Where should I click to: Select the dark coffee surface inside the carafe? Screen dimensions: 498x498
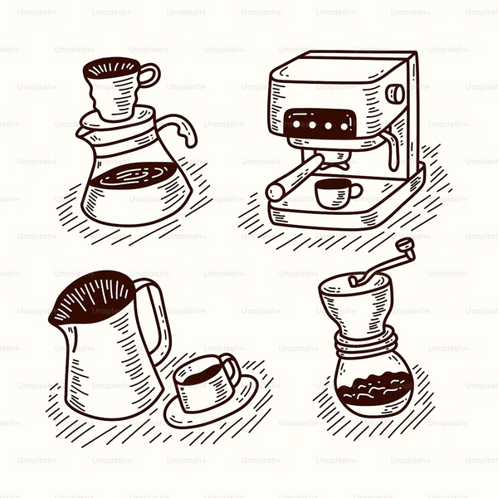133,176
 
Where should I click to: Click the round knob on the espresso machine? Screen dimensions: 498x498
395,94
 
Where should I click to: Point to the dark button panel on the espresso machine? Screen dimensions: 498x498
320,124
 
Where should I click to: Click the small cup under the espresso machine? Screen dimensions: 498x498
337,193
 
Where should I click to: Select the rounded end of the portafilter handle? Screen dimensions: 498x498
275,193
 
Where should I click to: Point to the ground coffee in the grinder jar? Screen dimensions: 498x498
375,389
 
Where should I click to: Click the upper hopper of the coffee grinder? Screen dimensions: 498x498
357,305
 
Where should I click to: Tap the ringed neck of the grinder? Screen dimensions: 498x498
366,344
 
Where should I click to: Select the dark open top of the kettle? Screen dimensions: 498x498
93,297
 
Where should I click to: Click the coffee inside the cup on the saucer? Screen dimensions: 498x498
203,376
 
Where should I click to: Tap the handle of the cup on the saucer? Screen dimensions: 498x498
231,369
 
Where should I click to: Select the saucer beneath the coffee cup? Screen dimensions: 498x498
211,403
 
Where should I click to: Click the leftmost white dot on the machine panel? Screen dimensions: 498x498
296,124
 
